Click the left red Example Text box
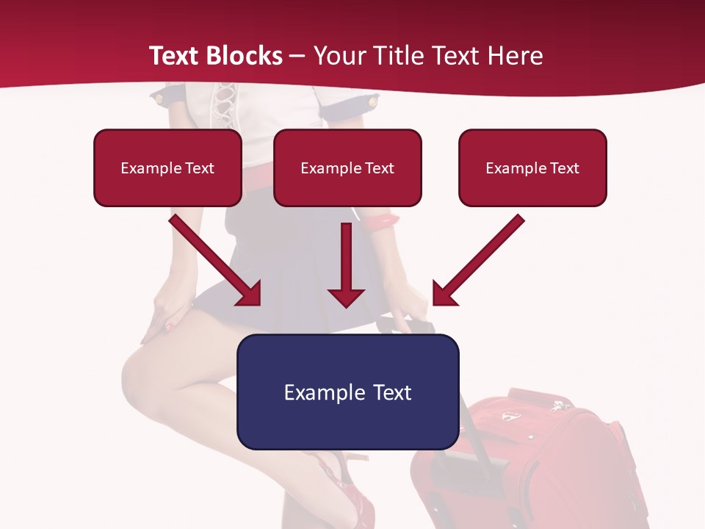(x=167, y=168)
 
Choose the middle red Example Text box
(x=347, y=168)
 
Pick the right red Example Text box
(x=532, y=168)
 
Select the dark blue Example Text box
(x=347, y=392)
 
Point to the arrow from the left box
(x=216, y=260)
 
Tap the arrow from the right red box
(x=477, y=260)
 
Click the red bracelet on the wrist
(x=381, y=219)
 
